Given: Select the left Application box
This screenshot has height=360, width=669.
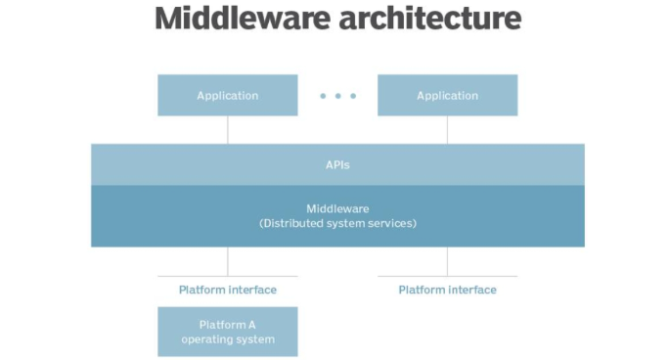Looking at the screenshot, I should [227, 96].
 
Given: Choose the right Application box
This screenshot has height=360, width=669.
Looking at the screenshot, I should [447, 96].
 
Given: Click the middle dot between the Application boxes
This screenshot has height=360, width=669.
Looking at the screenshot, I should [338, 96].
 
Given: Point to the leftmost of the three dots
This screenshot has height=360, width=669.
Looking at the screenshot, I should [324, 96].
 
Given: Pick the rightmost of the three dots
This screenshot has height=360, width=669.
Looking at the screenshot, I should [353, 96].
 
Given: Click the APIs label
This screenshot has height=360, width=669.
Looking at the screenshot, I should [337, 165].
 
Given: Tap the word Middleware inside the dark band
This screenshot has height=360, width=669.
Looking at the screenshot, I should [337, 208].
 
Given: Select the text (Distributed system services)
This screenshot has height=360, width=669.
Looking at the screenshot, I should [337, 224].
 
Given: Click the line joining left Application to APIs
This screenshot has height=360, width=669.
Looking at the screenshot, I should [228, 130].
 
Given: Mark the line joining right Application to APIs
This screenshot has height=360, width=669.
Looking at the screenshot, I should [448, 130].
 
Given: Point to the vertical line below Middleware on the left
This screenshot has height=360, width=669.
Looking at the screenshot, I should [228, 260].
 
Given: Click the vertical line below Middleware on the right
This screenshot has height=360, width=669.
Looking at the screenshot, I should [448, 260].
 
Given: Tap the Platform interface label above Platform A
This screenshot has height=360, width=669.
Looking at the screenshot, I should [228, 290].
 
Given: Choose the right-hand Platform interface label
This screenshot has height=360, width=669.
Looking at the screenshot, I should [447, 290].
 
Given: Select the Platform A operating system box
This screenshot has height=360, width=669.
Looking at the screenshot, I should [227, 332].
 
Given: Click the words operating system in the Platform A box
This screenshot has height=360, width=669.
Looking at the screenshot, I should [228, 339].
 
